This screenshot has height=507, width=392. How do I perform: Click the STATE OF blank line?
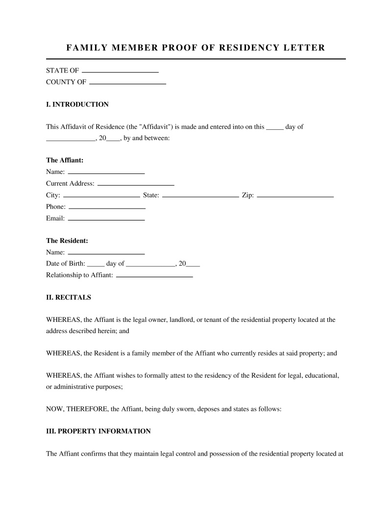tap(120, 72)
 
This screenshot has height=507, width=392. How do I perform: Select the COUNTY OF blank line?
tap(127, 83)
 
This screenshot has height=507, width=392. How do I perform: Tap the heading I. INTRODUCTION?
tap(77, 104)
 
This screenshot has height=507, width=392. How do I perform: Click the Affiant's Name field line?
tap(106, 173)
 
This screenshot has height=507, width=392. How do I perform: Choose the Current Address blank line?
tap(136, 185)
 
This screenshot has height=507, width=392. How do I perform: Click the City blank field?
tap(101, 196)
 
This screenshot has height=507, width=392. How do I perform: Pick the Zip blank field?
tap(295, 196)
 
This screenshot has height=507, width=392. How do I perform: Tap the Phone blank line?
tap(107, 208)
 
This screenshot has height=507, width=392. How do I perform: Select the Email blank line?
tap(106, 219)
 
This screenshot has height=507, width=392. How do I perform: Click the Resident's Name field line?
tap(106, 253)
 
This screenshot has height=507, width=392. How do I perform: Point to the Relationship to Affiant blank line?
tap(154, 276)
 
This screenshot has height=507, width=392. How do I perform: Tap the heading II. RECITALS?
tap(69, 297)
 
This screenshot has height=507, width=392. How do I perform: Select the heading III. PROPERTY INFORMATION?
tap(98, 432)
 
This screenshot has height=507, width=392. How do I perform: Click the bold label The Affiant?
tap(65, 160)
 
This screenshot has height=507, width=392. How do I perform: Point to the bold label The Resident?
tap(67, 241)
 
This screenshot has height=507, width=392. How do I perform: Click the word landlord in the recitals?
tap(181, 320)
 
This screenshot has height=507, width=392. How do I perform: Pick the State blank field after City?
tap(200, 196)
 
